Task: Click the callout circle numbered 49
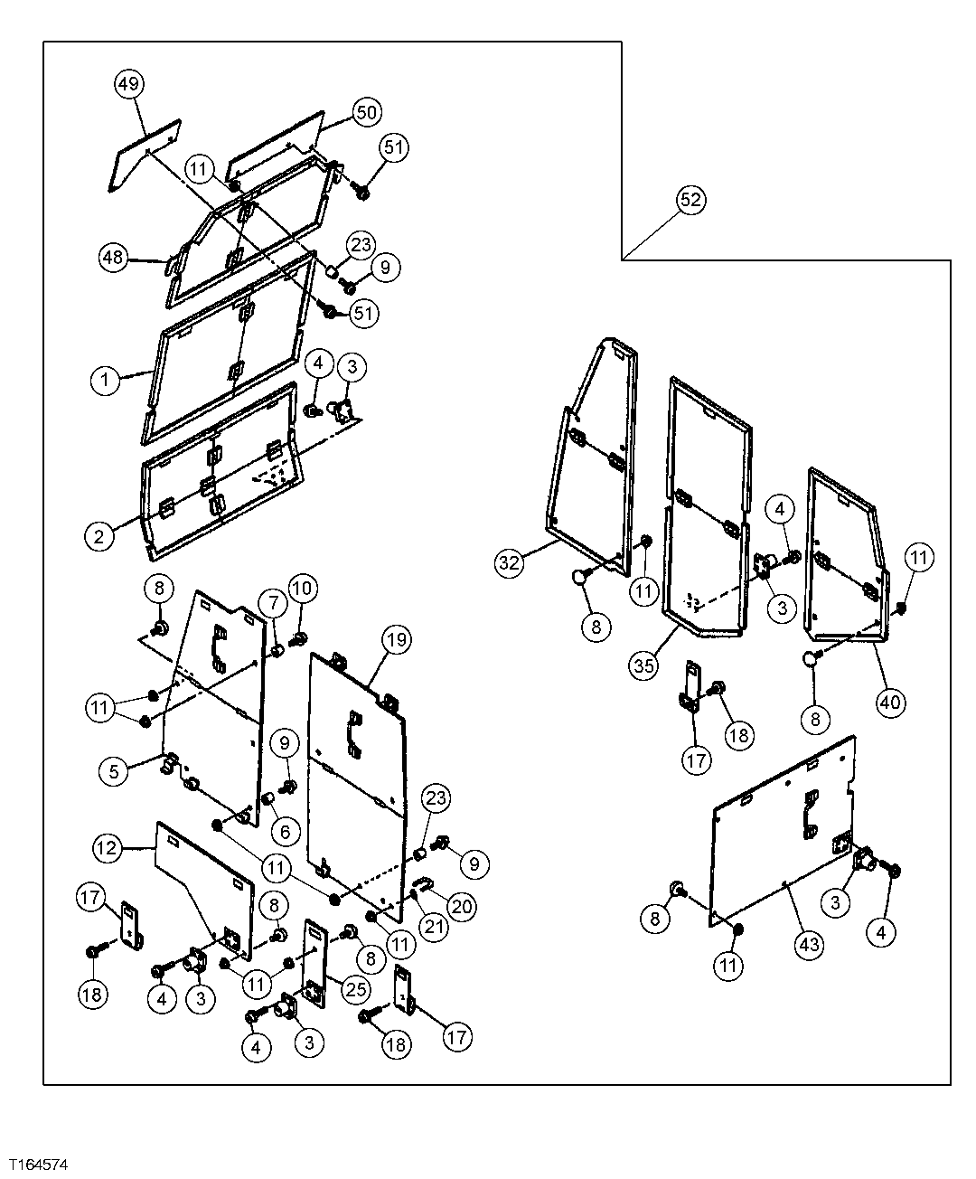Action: (129, 84)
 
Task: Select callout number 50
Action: (366, 112)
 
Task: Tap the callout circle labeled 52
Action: (690, 200)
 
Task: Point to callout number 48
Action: (114, 258)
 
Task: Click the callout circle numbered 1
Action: (106, 380)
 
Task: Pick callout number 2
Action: (100, 535)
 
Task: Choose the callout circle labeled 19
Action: (396, 639)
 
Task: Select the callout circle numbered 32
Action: (510, 562)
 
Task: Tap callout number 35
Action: (643, 667)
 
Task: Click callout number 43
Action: (809, 944)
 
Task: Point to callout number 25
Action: (356, 989)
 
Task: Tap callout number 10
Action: (302, 589)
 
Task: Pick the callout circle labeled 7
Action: (273, 602)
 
